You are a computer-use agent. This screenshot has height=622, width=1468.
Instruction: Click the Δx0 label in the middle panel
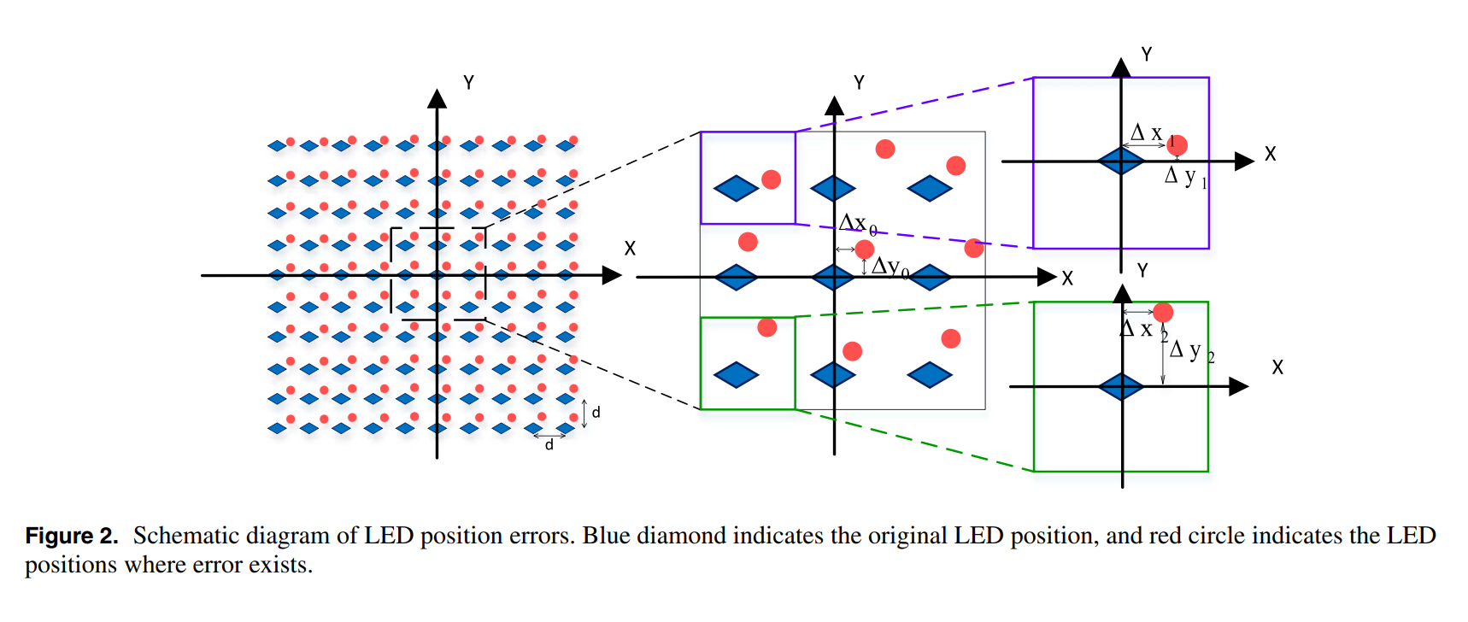tap(857, 224)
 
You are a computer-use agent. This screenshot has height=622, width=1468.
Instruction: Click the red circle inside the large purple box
tap(1177, 145)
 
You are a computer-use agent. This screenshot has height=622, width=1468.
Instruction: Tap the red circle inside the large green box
tap(1163, 312)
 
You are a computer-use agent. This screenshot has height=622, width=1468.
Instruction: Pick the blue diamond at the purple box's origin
tap(1121, 161)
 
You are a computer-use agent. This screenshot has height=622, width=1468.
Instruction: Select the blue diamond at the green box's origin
tap(1121, 386)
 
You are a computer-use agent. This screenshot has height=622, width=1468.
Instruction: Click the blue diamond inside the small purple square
tap(736, 188)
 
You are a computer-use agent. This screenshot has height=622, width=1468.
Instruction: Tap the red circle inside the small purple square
tap(771, 179)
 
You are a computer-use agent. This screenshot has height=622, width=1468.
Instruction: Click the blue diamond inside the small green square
tap(736, 374)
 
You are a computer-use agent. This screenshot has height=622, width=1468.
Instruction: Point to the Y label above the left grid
tap(468, 83)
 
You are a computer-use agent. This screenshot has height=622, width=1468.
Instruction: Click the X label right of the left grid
tap(630, 249)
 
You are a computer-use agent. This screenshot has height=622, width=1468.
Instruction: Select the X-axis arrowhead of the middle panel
tap(1047, 277)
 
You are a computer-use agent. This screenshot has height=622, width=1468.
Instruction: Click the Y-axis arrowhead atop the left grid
tap(437, 98)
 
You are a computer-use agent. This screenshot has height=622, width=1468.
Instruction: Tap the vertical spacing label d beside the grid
tap(596, 413)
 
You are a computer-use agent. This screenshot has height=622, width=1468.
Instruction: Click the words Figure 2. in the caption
tap(72, 536)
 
